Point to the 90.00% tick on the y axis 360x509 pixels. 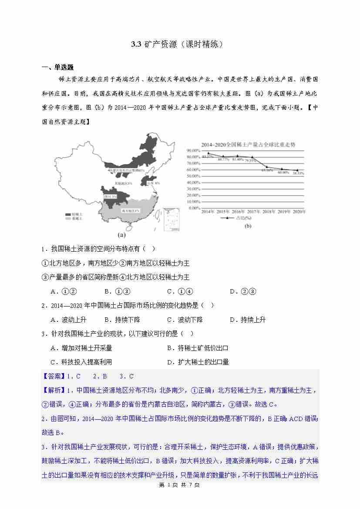click(x=193, y=151)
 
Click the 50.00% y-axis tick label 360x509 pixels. click(x=193, y=176)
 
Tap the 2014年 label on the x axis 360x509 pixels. click(x=208, y=212)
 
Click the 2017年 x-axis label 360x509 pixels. click(x=253, y=212)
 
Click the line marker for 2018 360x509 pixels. click(x=267, y=167)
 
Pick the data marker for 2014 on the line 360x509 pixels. click(x=208, y=153)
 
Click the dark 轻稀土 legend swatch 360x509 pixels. click(x=68, y=215)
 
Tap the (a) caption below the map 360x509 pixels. click(x=121, y=235)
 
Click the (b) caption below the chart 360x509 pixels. click(x=248, y=226)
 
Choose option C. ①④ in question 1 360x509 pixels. click(x=180, y=291)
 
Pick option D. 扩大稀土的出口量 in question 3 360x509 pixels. click(x=198, y=362)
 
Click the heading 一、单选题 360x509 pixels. click(x=57, y=67)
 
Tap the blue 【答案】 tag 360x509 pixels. click(x=54, y=376)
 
